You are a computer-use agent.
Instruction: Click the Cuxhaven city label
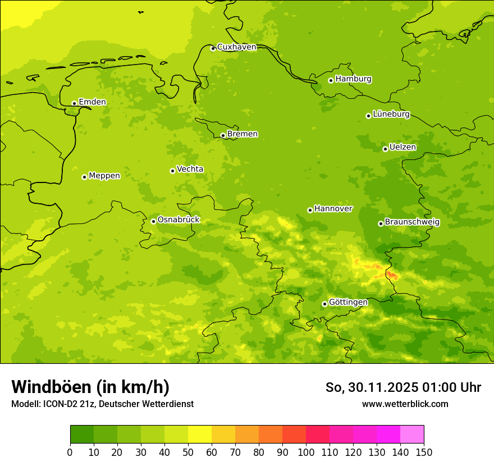click(x=236, y=47)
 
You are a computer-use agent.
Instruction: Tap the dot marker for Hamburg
click(x=331, y=80)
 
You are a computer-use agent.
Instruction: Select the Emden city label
click(x=92, y=102)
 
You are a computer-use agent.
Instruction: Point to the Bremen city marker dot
click(x=223, y=135)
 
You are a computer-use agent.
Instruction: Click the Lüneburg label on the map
click(x=391, y=114)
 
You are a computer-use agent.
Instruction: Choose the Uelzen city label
click(x=402, y=147)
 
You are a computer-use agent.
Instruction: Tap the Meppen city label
click(x=104, y=176)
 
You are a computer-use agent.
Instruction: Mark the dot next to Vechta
click(x=172, y=171)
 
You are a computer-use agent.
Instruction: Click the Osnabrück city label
click(x=179, y=220)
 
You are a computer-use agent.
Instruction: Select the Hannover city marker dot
click(x=310, y=210)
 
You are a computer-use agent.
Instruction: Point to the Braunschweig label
click(x=412, y=222)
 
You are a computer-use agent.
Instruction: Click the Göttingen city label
click(x=348, y=302)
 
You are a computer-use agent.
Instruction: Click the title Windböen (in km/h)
click(x=90, y=387)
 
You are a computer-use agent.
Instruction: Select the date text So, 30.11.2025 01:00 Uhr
click(x=403, y=387)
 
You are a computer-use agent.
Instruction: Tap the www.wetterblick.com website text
click(x=405, y=404)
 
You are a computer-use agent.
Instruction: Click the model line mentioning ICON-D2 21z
click(x=102, y=404)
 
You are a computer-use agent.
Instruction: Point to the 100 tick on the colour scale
click(x=306, y=452)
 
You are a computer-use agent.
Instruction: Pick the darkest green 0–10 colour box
click(x=82, y=435)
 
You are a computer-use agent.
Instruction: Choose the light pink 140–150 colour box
click(x=412, y=435)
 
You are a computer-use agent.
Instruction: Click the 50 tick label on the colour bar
click(x=188, y=452)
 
